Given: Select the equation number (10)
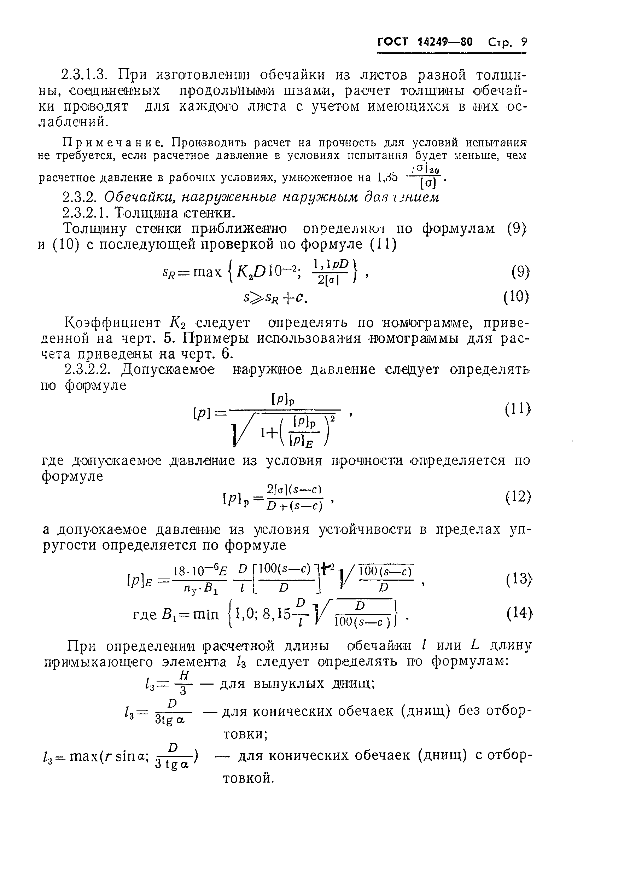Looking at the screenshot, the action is (x=517, y=296).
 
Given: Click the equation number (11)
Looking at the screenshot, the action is (x=518, y=410).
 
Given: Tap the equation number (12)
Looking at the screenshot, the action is (x=518, y=497).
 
